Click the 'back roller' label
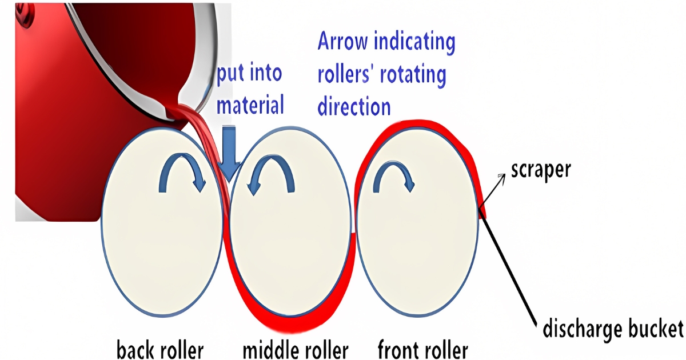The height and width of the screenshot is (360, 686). tap(159, 349)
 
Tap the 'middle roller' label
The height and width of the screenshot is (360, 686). tap(295, 349)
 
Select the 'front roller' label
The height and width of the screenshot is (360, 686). tap(423, 349)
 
